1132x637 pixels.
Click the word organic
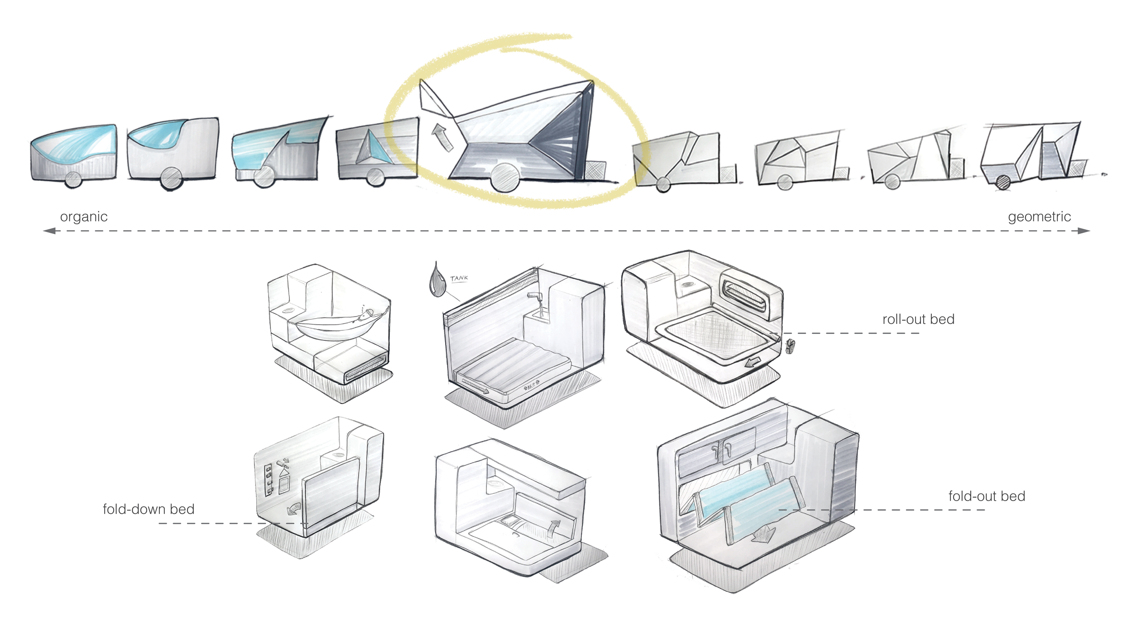pyautogui.click(x=84, y=217)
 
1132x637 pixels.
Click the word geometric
pyautogui.click(x=1039, y=217)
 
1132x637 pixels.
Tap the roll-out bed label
pyautogui.click(x=918, y=319)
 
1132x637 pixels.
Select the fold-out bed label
pyautogui.click(x=986, y=496)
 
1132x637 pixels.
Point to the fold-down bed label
pyautogui.click(x=149, y=509)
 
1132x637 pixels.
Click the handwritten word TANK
pyautogui.click(x=459, y=278)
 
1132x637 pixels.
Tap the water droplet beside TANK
pyautogui.click(x=437, y=281)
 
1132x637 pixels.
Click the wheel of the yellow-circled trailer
pyautogui.click(x=505, y=178)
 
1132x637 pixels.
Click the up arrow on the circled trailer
pyautogui.click(x=441, y=137)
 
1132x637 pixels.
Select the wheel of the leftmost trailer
pyautogui.click(x=73, y=179)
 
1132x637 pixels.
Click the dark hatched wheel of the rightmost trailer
pyautogui.click(x=1003, y=183)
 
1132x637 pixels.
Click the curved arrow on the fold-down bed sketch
pyautogui.click(x=294, y=508)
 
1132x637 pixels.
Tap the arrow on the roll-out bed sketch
pyautogui.click(x=752, y=362)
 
